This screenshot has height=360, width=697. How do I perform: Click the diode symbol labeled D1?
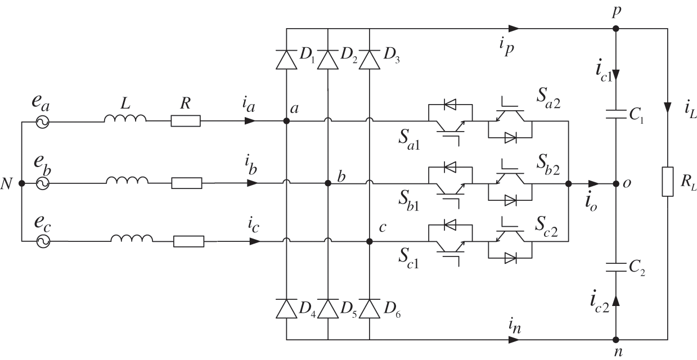[x=286, y=59]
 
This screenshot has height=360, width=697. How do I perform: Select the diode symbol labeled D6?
[x=370, y=308]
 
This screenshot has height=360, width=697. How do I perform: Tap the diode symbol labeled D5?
[x=327, y=308]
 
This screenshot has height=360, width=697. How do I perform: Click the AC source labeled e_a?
[x=42, y=121]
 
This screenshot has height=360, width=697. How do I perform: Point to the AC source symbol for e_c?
[x=42, y=241]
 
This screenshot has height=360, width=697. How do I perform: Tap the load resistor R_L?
[x=668, y=182]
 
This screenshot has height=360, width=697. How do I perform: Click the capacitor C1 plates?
[x=617, y=115]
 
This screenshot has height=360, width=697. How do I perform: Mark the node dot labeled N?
[x=21, y=183]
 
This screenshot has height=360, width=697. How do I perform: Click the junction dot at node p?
[x=617, y=28]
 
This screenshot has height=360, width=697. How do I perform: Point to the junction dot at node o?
[x=617, y=183]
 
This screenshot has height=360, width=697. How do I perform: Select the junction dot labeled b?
[x=327, y=183]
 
